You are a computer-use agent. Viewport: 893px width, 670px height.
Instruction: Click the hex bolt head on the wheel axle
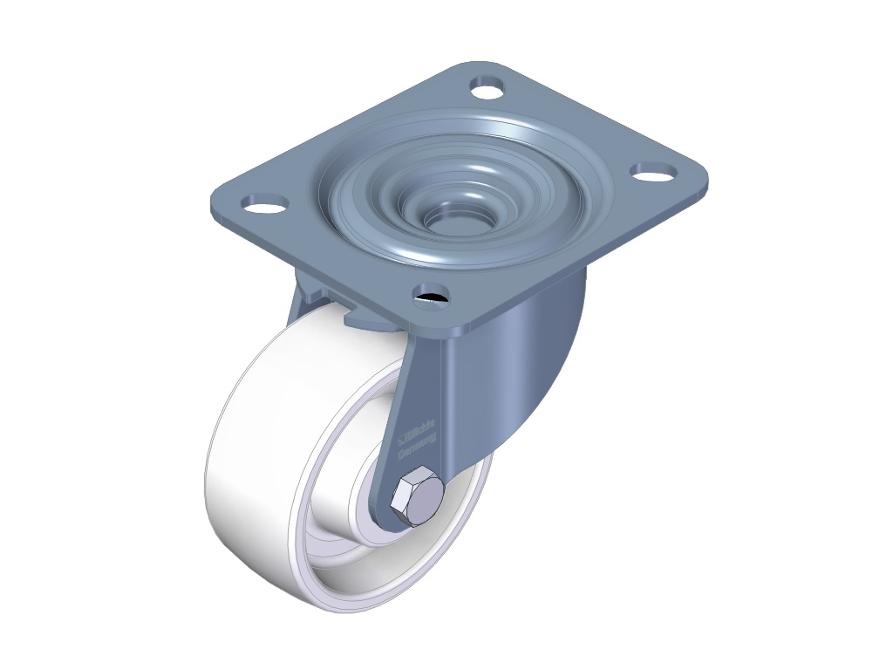pos(417,497)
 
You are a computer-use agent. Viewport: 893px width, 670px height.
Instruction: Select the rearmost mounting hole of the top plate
pos(488,86)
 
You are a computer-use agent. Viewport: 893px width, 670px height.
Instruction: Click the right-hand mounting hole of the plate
pos(653,172)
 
